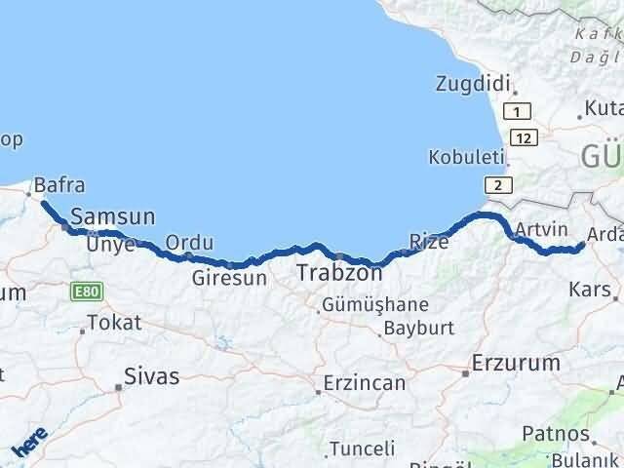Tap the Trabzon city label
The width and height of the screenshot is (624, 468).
click(x=338, y=273)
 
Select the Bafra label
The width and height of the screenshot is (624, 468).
click(x=58, y=184)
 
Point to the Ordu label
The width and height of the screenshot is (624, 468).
click(x=189, y=243)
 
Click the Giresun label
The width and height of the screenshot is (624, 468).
click(x=229, y=278)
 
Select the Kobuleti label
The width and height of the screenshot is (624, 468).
click(x=467, y=157)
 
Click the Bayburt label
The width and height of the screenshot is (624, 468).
click(x=418, y=328)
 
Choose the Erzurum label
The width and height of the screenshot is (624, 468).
click(x=516, y=364)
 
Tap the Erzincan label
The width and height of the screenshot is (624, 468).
click(x=364, y=383)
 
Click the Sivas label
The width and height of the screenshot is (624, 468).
click(x=152, y=375)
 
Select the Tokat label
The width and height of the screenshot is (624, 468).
click(x=114, y=322)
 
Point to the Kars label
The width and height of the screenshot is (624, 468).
click(x=590, y=290)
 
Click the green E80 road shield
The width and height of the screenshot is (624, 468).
click(x=84, y=291)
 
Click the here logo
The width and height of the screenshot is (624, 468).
click(x=29, y=445)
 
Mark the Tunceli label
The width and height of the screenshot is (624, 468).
click(x=362, y=448)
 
